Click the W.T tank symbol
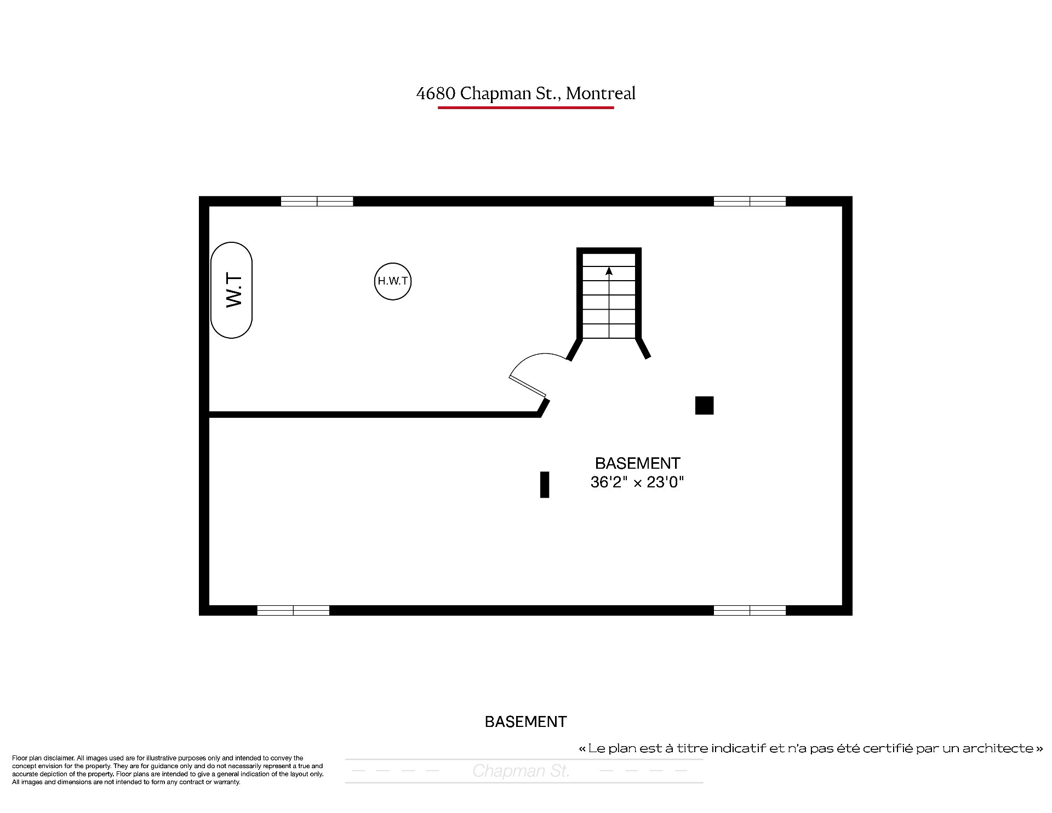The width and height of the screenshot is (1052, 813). [231, 290]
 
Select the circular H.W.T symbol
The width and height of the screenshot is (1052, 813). [393, 281]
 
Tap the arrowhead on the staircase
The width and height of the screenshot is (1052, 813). [609, 270]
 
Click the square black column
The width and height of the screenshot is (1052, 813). [704, 406]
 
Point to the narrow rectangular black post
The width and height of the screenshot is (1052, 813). [545, 485]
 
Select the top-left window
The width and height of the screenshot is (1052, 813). [317, 201]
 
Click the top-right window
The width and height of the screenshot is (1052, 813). [750, 201]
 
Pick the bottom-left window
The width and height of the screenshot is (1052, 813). [293, 610]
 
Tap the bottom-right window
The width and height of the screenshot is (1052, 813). [750, 610]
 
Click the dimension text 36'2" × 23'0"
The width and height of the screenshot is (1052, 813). [637, 482]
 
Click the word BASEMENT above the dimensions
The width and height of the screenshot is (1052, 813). [638, 463]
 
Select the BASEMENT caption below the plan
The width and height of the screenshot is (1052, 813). [526, 721]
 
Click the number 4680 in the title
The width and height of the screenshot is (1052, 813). [436, 94]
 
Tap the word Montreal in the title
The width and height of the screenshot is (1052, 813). [601, 94]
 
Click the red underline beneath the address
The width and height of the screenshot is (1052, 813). [526, 107]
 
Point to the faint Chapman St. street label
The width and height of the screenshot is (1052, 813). [521, 771]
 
